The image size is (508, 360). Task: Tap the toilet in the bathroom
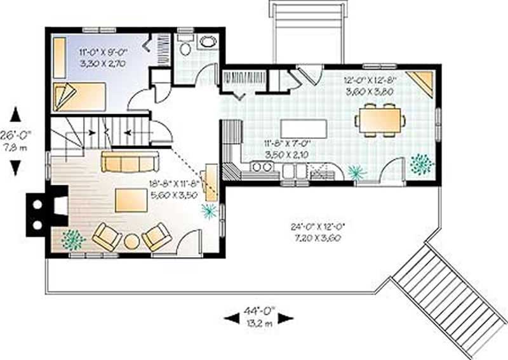(x=185, y=48)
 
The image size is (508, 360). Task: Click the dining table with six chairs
(x=380, y=120)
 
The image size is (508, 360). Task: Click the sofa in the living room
(x=129, y=162)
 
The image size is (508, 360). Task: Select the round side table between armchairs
(x=131, y=241)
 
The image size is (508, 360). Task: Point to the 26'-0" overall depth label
(x=16, y=140)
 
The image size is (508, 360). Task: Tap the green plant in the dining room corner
(x=421, y=164)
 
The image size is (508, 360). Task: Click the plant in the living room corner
(x=73, y=239)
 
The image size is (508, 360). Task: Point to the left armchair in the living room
(x=107, y=237)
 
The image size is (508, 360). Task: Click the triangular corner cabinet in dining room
(x=421, y=82)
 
